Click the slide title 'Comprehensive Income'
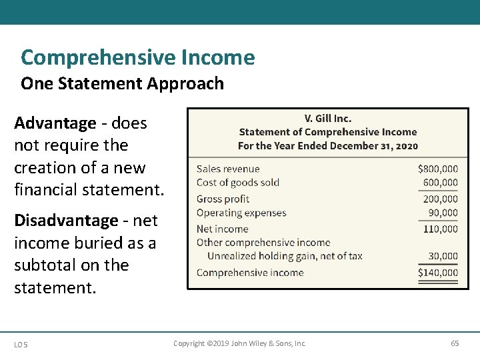[137, 58]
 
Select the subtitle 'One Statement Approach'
[122, 84]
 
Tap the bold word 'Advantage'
[55, 123]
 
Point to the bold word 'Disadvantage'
[66, 221]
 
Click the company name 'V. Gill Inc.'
[327, 119]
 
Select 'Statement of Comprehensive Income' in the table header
[327, 132]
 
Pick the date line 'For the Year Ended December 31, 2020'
[327, 145]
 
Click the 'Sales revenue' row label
[228, 169]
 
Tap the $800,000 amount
[437, 169]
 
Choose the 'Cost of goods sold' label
[238, 183]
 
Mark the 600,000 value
[440, 183]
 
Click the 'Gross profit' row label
[223, 199]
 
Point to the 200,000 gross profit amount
[440, 199]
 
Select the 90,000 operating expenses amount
[443, 213]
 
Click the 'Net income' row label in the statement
[222, 229]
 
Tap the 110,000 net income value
[440, 229]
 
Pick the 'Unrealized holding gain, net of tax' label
[285, 256]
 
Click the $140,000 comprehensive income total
[437, 272]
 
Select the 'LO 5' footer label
[21, 344]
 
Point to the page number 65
[455, 343]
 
